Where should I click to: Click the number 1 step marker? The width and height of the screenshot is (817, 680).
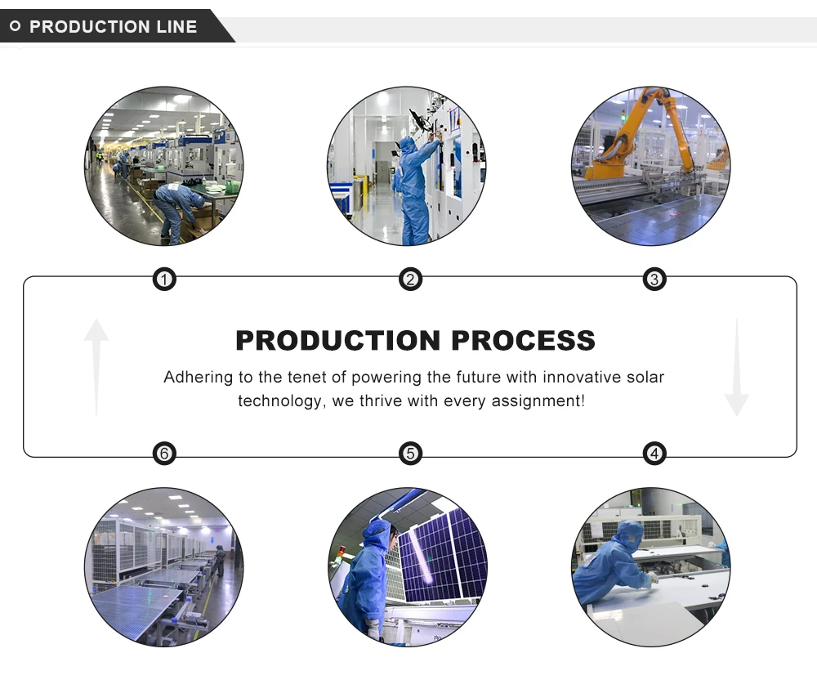[164, 280]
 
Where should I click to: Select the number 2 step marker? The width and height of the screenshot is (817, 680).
[410, 280]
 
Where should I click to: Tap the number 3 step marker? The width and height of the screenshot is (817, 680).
[654, 280]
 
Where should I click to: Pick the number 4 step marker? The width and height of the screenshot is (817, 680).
[654, 454]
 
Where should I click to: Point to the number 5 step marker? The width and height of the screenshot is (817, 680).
[410, 454]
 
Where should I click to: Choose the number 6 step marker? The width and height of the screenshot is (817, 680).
[164, 454]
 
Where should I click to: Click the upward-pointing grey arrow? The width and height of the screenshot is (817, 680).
[96, 367]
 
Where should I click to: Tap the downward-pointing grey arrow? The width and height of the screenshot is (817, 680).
[737, 367]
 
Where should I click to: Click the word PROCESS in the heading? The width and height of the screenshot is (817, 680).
[523, 340]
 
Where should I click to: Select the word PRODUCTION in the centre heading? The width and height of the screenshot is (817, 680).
[338, 340]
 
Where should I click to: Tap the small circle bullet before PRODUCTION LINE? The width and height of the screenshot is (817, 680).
[15, 25]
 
